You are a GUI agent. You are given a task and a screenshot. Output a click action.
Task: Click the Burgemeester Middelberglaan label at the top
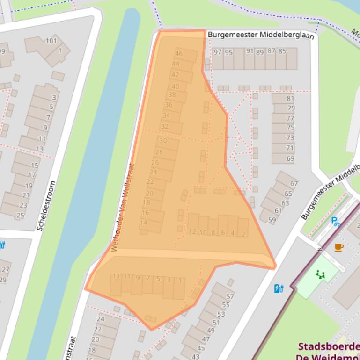tap(260, 35)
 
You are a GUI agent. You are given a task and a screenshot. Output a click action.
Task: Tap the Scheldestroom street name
tap(46, 206)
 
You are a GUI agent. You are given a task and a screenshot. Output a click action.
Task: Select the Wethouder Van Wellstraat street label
tap(123, 207)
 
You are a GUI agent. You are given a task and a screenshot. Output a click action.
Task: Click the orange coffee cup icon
tap(339, 247)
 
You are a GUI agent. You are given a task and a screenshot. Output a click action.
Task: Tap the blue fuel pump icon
tap(279, 288)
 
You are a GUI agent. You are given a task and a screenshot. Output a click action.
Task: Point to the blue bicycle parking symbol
tap(335, 221)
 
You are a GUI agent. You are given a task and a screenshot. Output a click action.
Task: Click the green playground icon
tap(320, 275)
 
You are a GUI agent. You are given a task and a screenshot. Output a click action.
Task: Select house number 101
tap(51, 41)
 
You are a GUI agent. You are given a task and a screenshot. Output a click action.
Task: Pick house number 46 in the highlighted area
tap(179, 53)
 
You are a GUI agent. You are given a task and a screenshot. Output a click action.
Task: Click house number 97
tap(218, 52)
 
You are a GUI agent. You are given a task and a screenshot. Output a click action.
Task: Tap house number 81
tap(290, 98)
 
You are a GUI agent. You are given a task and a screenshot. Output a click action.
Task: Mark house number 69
tap(290, 158)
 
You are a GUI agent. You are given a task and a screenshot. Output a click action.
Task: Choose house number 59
tap(272, 220)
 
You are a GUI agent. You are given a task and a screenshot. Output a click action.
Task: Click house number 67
tap(294, 183)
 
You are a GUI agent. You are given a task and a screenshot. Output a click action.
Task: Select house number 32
tap(164, 126)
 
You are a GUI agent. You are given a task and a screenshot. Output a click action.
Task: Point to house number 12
tap(192, 231)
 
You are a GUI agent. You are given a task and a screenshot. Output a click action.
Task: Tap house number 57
tap(230, 296)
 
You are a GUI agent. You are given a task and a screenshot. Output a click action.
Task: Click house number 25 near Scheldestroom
tap(20, 216)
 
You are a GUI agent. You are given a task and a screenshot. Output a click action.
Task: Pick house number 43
tap(195, 356)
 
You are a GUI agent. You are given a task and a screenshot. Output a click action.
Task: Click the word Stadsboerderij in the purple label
tap(329, 347)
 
